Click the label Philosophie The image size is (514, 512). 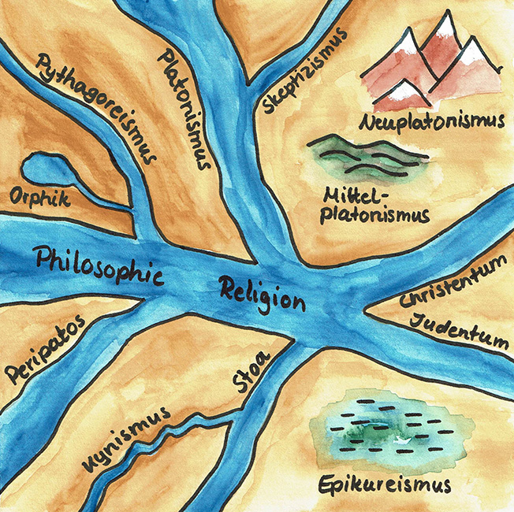99,266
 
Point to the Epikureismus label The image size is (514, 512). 385,483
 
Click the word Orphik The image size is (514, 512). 36,197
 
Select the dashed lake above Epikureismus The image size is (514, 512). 390,432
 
